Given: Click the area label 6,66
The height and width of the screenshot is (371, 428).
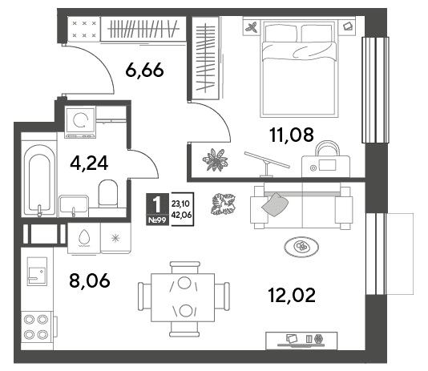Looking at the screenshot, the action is click(144, 70).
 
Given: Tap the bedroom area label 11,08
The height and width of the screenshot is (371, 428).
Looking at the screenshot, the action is click(292, 135).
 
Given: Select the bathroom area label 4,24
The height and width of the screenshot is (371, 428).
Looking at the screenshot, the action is click(89, 163).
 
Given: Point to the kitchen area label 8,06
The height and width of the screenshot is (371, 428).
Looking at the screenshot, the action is click(90, 280).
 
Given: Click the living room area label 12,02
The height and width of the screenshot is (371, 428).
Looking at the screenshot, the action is click(292, 295).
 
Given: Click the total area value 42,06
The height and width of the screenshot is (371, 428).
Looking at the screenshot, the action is click(181, 215).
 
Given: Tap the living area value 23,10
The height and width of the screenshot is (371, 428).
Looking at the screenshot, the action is click(180, 204).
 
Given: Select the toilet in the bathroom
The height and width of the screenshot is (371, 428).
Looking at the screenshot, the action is click(108, 194).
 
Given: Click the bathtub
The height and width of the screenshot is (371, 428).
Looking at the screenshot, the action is click(39, 180).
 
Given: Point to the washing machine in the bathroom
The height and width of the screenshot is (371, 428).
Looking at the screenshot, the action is click(80, 122).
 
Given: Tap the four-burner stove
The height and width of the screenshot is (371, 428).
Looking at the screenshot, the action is click(36, 326).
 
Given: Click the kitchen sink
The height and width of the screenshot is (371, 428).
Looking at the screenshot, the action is click(37, 272).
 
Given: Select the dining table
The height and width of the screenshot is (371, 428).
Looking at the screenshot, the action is click(183, 297).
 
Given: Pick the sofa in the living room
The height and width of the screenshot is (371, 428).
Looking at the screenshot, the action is click(301, 205).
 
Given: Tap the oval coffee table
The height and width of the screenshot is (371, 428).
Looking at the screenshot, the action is click(301, 247).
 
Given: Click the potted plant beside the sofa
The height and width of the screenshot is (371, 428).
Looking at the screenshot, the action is click(224, 204).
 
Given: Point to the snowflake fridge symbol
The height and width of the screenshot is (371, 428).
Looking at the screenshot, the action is click(115, 239).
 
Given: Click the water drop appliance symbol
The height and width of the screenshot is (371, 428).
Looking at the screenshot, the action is click(84, 238).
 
